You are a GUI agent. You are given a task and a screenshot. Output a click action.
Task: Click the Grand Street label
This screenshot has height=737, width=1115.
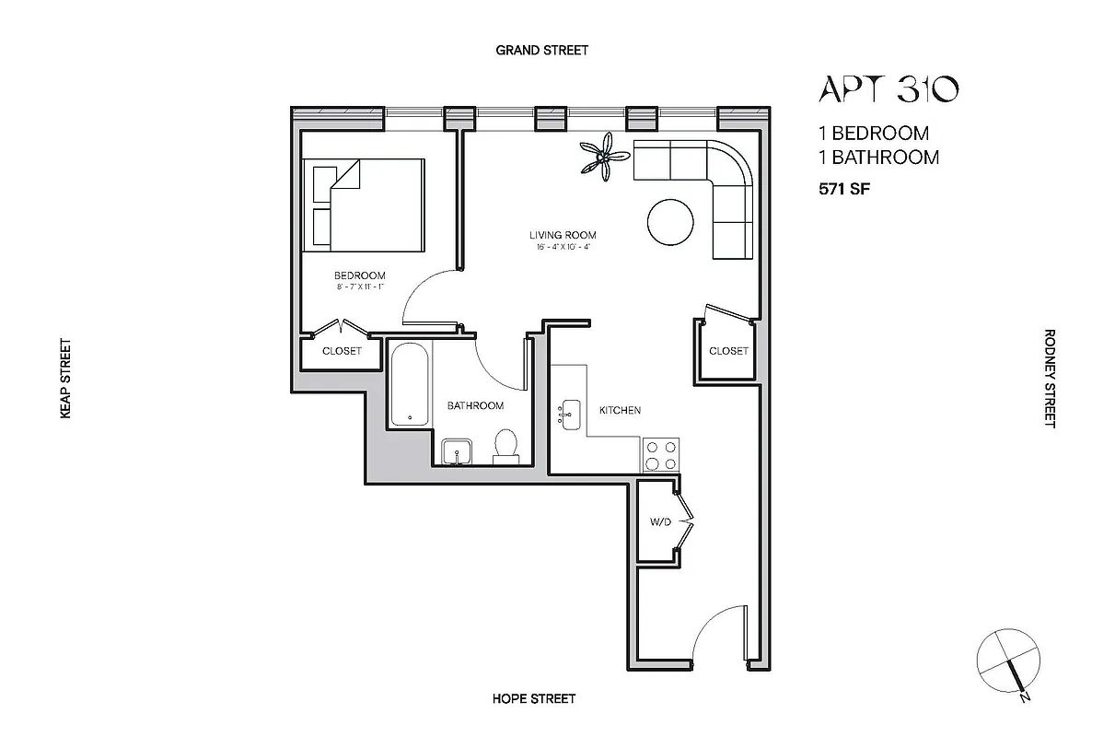(x=541, y=50)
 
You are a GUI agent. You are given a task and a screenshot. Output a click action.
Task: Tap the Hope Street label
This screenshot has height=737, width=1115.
(x=534, y=698)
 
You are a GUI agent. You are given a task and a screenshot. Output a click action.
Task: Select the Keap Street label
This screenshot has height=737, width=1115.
(x=65, y=380)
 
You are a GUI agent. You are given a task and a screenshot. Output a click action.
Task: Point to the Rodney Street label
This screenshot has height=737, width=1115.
(x=1049, y=378)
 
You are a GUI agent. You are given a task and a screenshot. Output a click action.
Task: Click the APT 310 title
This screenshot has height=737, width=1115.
(x=889, y=88)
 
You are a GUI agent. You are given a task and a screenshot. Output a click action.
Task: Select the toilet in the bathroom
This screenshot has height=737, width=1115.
(x=505, y=446)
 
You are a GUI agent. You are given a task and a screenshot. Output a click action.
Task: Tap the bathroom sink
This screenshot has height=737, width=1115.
(x=457, y=451)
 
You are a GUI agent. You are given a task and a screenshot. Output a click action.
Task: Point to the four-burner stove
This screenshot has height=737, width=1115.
(x=661, y=453)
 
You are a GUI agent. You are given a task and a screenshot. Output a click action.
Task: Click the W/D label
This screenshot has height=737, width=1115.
(x=660, y=522)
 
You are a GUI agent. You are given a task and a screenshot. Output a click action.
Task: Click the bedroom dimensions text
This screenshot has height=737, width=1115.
(x=359, y=287)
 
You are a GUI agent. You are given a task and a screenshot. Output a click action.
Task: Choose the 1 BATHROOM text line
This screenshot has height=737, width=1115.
(x=878, y=157)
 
